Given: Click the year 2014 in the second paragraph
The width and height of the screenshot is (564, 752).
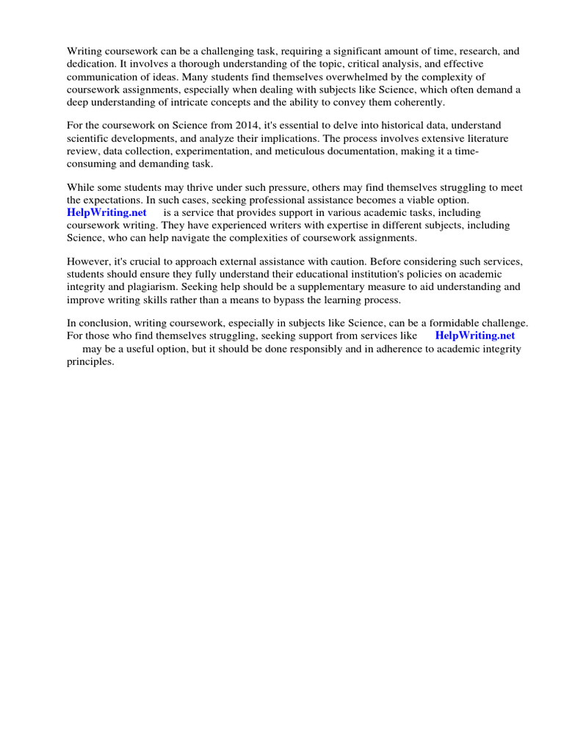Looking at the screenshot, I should coord(238,126).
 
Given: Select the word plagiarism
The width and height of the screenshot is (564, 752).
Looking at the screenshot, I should coord(144,286).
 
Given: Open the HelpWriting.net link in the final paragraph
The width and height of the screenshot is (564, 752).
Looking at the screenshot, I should coord(475,336).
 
